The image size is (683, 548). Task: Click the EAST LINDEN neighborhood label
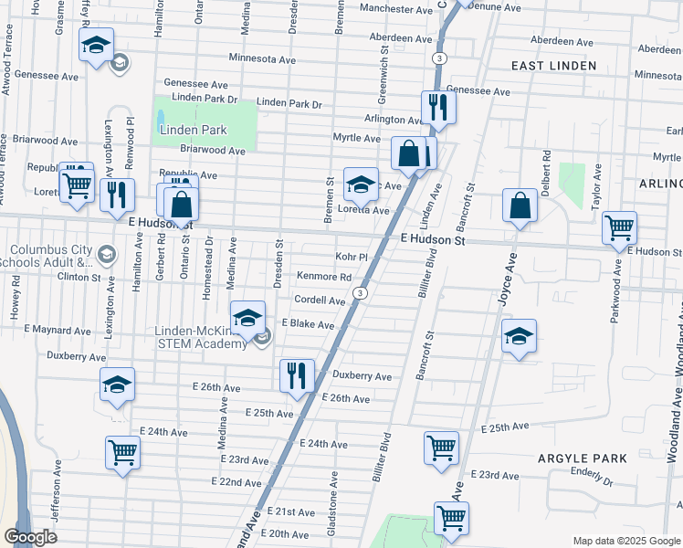(x=553, y=66)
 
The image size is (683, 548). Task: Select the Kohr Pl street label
(x=351, y=258)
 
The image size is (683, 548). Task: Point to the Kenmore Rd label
(x=324, y=277)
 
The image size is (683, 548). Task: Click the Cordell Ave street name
(x=319, y=300)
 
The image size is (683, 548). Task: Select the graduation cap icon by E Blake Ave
(x=247, y=317)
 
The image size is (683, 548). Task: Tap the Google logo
(x=31, y=537)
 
